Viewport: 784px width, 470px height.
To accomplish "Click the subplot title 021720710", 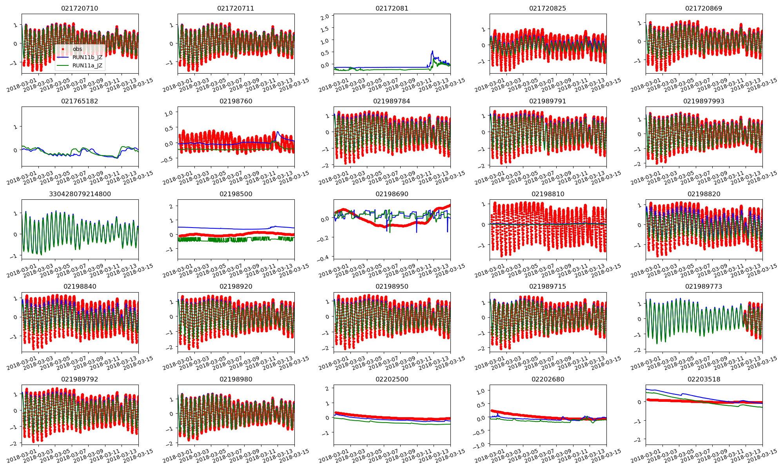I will pyautogui.click(x=80, y=8).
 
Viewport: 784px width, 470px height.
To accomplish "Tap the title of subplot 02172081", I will pyautogui.click(x=392, y=8).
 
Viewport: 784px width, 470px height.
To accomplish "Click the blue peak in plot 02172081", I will pyautogui.click(x=432, y=51).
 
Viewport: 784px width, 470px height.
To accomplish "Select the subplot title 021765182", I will pyautogui.click(x=80, y=101).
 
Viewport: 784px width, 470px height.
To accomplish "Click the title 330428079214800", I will pyautogui.click(x=80, y=194).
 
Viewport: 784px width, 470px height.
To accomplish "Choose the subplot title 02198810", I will pyautogui.click(x=548, y=194).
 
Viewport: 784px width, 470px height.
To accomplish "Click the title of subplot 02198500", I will pyautogui.click(x=236, y=194).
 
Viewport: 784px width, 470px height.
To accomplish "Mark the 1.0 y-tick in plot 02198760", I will pyautogui.click(x=169, y=113).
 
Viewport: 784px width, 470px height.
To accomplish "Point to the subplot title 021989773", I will pyautogui.click(x=704, y=286).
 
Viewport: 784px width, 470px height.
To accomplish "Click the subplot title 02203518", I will pyautogui.click(x=704, y=379).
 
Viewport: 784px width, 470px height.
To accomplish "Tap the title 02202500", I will pyautogui.click(x=392, y=379).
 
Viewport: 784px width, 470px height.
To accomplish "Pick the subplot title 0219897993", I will pyautogui.click(x=704, y=101).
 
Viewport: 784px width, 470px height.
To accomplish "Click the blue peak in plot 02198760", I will pyautogui.click(x=278, y=132).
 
